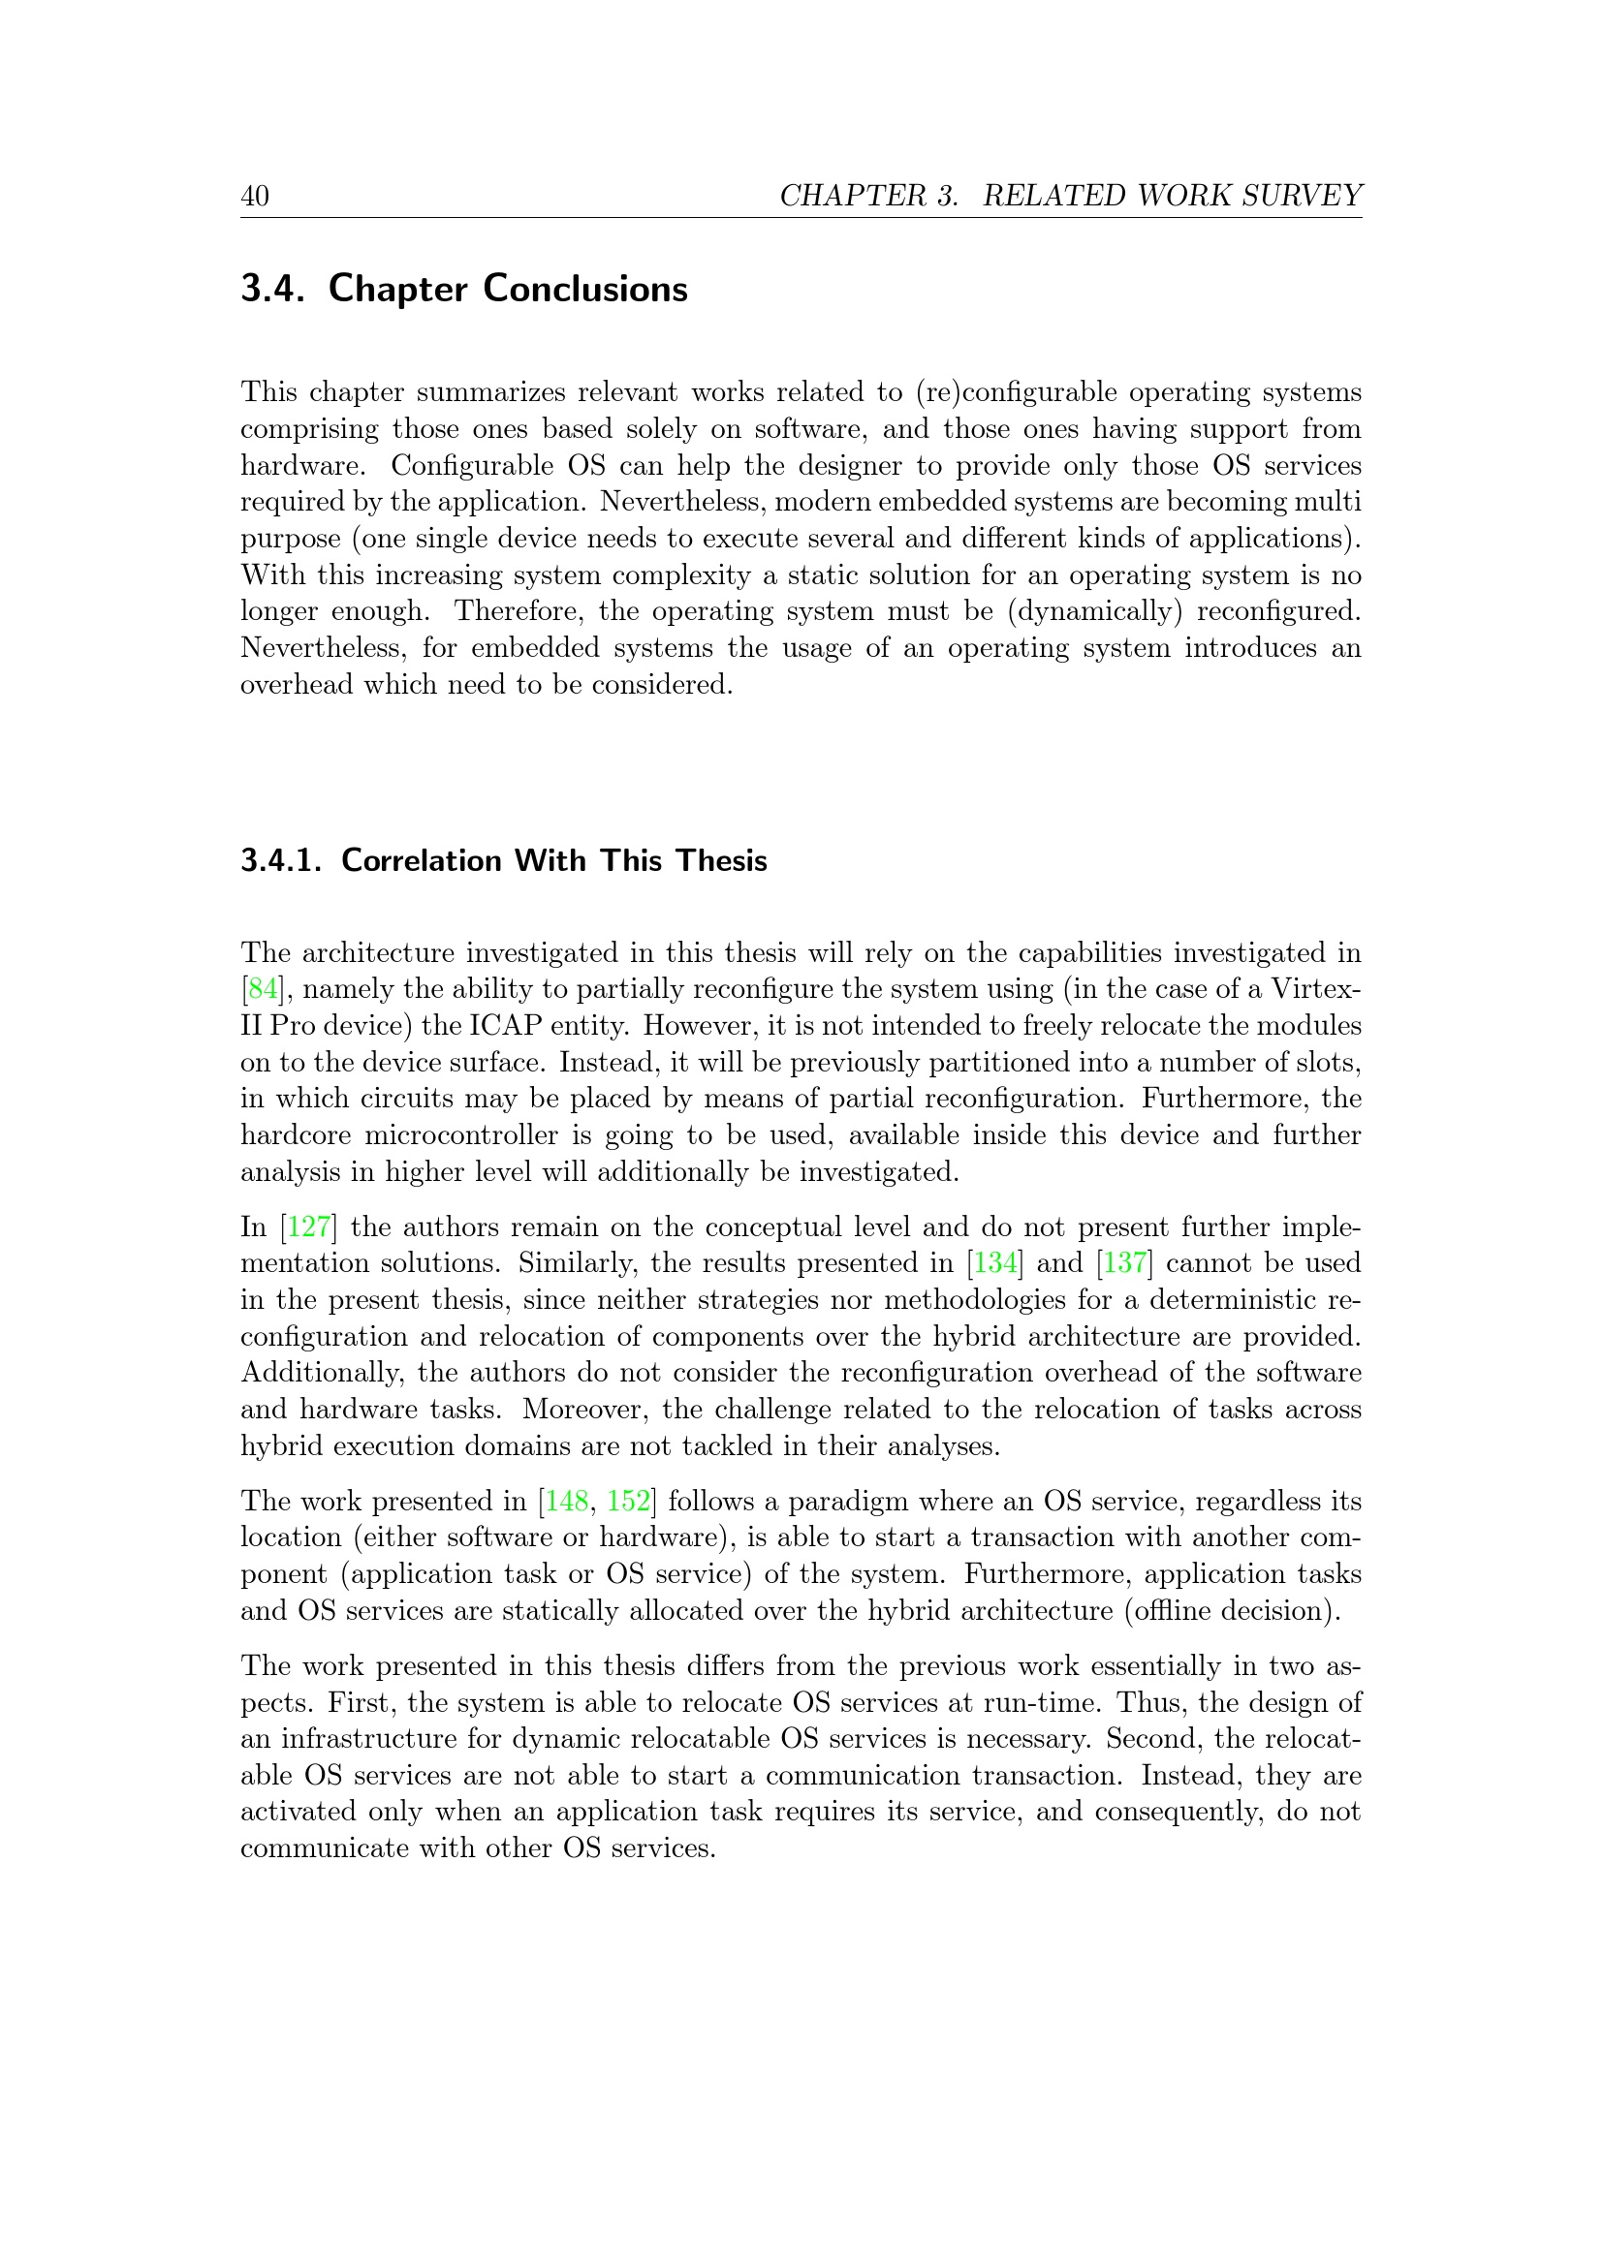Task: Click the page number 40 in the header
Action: click(255, 197)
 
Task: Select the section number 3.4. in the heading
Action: click(271, 289)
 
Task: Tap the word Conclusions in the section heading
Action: click(585, 289)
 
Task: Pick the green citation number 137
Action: click(1125, 1263)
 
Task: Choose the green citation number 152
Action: click(629, 1501)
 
